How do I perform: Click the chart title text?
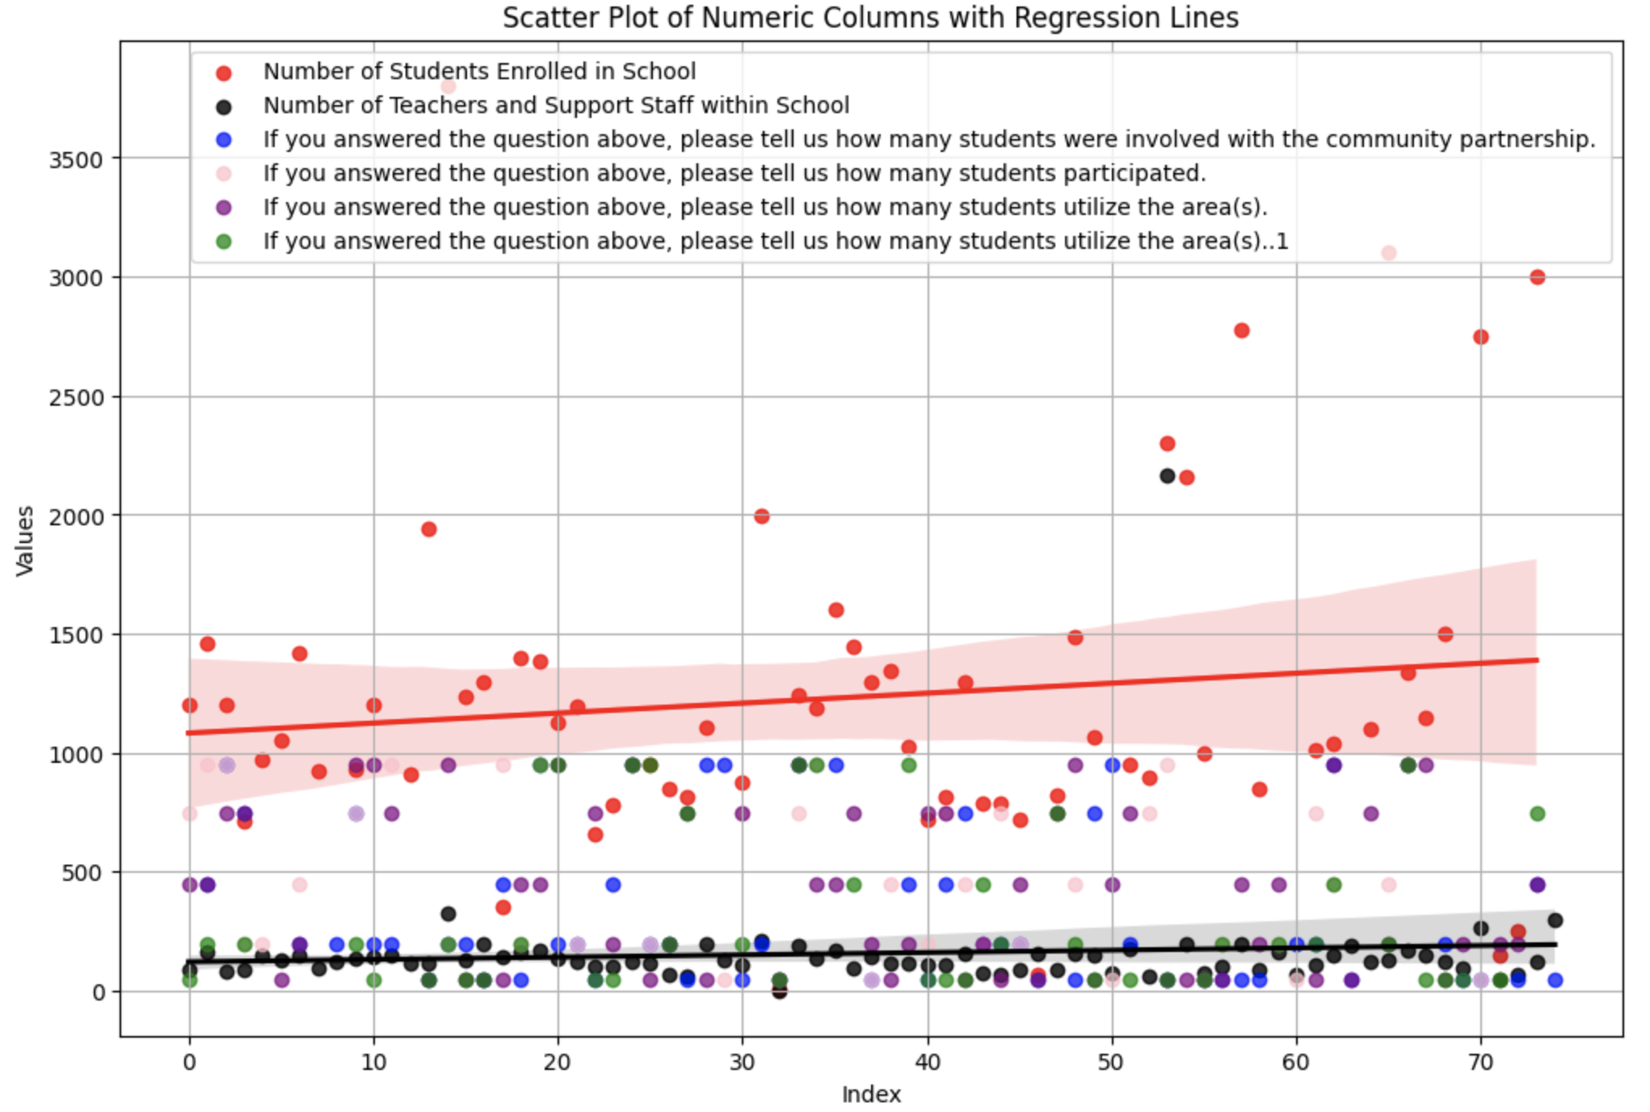870,18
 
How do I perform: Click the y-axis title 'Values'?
25,541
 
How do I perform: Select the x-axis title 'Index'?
870,1094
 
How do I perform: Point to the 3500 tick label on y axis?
76,159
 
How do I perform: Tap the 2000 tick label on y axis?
76,516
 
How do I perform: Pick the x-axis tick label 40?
928,1062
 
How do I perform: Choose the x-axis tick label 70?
1480,1062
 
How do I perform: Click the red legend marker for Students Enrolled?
224,73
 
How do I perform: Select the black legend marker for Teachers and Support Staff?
224,107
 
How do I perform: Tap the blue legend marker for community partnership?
224,141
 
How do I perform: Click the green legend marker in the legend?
224,242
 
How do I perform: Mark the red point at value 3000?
1537,277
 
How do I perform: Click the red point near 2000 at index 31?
761,516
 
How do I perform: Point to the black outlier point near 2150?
1167,476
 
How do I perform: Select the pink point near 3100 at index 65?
1388,253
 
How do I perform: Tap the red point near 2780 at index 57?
1241,331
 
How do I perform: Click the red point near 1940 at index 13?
429,529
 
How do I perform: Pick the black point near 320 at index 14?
448,914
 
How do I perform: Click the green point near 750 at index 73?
1537,814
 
